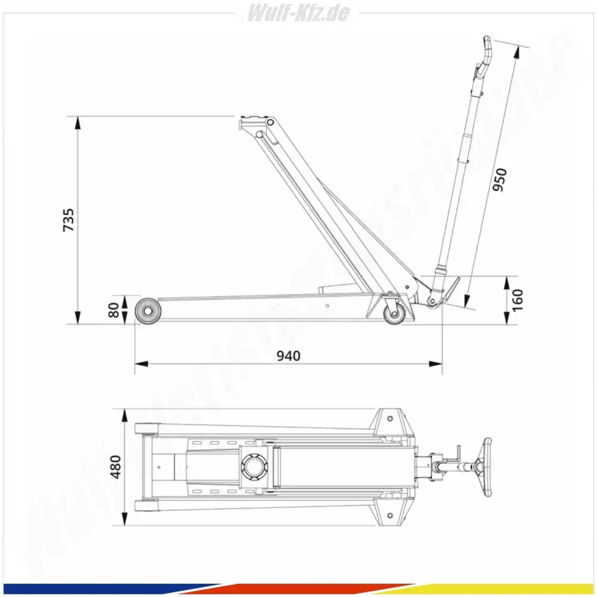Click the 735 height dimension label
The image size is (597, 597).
69,220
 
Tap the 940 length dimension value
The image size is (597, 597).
288,356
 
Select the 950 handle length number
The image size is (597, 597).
500,179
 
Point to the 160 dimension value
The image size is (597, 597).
518,300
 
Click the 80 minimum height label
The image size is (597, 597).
113,310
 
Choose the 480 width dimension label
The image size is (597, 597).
115,467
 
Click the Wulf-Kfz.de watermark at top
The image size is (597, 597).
298,13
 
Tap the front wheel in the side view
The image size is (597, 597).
147,311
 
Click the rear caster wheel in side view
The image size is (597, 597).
393,315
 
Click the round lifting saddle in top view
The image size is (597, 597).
254,466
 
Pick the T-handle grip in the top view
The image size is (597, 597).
487,467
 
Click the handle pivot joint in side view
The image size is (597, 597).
432,301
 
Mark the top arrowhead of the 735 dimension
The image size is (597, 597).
78,122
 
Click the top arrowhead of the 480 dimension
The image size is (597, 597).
124,416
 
